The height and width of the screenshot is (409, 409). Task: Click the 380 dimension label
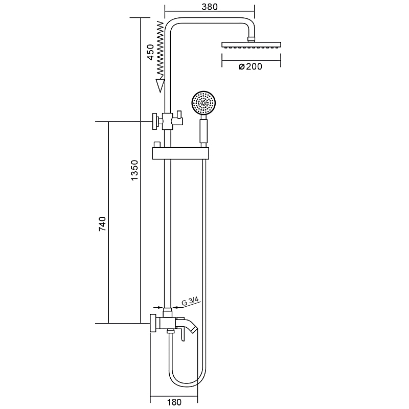[210, 7]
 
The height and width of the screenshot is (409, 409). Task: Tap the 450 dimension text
[150, 52]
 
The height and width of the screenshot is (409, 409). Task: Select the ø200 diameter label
[250, 66]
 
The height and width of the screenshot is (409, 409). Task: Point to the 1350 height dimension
[134, 170]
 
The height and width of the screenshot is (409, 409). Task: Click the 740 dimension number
[102, 223]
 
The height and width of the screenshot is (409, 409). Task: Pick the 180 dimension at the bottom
[174, 402]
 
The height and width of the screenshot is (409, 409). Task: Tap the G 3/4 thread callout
[190, 301]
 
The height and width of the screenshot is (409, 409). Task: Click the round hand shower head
[204, 103]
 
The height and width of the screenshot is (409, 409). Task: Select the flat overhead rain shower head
[251, 44]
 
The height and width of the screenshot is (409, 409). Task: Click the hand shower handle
[203, 131]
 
